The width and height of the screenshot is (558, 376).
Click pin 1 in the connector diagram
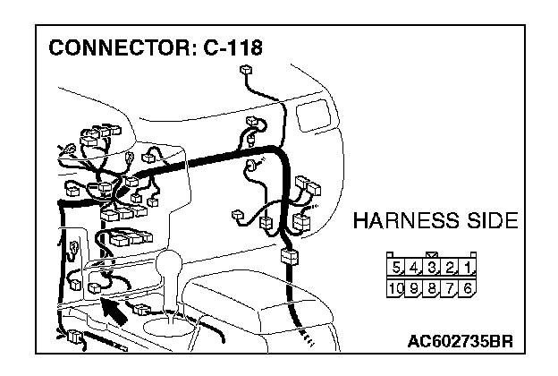[x=469, y=267]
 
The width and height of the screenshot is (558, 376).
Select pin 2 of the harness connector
[x=451, y=267]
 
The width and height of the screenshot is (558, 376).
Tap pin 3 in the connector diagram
[x=433, y=267]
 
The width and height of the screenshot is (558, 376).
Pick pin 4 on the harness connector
[x=415, y=267]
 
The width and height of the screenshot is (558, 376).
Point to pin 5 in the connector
[x=397, y=267]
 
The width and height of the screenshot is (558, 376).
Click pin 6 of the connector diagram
[x=469, y=288]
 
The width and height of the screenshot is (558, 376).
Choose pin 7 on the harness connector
[x=451, y=288]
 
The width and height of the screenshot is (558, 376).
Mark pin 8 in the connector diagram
[x=433, y=288]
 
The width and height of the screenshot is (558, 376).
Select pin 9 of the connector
[x=415, y=288]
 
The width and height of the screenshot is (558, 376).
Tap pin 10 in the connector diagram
[x=396, y=288]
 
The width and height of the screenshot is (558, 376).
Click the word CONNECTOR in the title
[x=115, y=47]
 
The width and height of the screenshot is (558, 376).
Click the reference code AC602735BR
[x=461, y=342]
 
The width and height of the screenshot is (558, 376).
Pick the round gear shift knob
[x=170, y=266]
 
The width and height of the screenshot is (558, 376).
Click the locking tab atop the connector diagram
[x=433, y=254]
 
